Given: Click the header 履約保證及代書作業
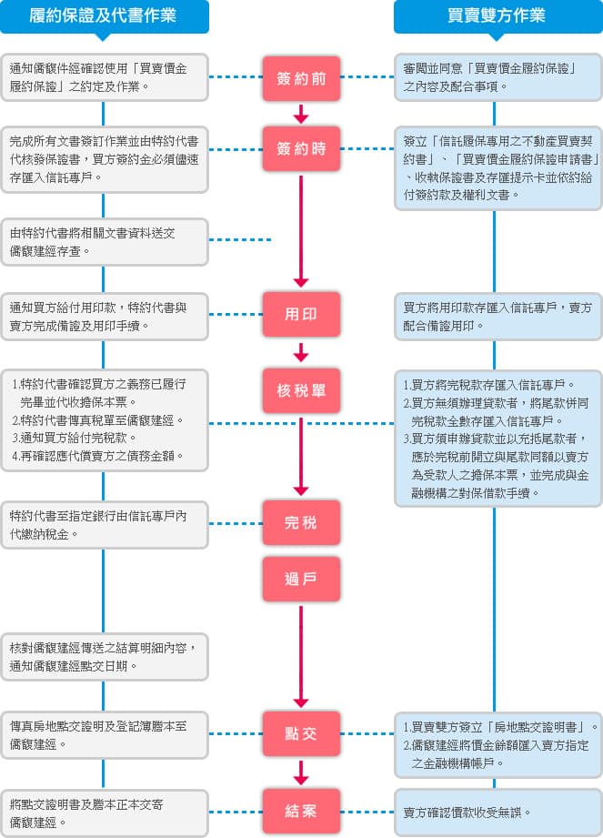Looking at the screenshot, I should [104, 16].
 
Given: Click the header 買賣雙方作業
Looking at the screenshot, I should [497, 16].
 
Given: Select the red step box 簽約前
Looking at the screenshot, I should [301, 78].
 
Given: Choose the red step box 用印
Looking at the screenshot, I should [301, 313].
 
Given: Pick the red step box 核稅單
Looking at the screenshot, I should [301, 390].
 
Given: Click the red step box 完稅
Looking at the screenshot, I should [301, 523].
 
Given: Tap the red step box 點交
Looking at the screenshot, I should [301, 733].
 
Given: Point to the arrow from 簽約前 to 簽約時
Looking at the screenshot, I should [301, 113].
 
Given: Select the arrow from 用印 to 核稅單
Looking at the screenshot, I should [301, 351].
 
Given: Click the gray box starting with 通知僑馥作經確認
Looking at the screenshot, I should [104, 77].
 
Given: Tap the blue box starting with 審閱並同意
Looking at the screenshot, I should [497, 77].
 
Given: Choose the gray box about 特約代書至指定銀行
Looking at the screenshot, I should [104, 524].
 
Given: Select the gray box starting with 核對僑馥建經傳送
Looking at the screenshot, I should [104, 656].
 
